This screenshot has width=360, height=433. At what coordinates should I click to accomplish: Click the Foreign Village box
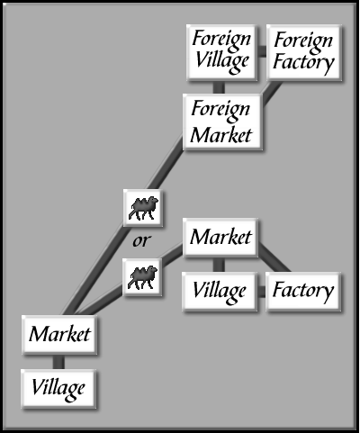[x=221, y=52]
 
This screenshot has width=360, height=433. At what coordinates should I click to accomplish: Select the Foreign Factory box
[x=304, y=53]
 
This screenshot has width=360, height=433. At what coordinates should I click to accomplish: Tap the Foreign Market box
[x=222, y=122]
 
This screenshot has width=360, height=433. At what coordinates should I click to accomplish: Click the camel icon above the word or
[x=143, y=208]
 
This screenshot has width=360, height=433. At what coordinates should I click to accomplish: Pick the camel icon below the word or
[x=142, y=277]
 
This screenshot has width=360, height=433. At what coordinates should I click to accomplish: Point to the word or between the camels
[x=142, y=240]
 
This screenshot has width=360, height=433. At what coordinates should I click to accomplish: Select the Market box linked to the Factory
[x=220, y=238]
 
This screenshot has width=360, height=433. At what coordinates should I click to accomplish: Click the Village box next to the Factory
[x=220, y=292]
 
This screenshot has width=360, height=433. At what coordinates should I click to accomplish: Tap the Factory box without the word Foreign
[x=303, y=292]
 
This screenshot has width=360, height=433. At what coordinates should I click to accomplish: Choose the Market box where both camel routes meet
[x=59, y=334]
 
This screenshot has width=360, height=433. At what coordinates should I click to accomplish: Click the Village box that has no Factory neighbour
[x=58, y=389]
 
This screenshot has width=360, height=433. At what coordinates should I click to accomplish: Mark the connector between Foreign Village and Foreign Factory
[x=262, y=51]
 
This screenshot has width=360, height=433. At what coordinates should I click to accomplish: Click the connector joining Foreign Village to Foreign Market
[x=219, y=87]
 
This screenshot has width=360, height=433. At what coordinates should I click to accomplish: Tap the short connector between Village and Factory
[x=262, y=292]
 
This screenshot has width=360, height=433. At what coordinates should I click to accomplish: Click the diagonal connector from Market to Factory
[x=274, y=258]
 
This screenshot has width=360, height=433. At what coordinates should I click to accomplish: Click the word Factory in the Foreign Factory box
[x=303, y=63]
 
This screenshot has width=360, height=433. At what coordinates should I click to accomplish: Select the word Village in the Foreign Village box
[x=222, y=62]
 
